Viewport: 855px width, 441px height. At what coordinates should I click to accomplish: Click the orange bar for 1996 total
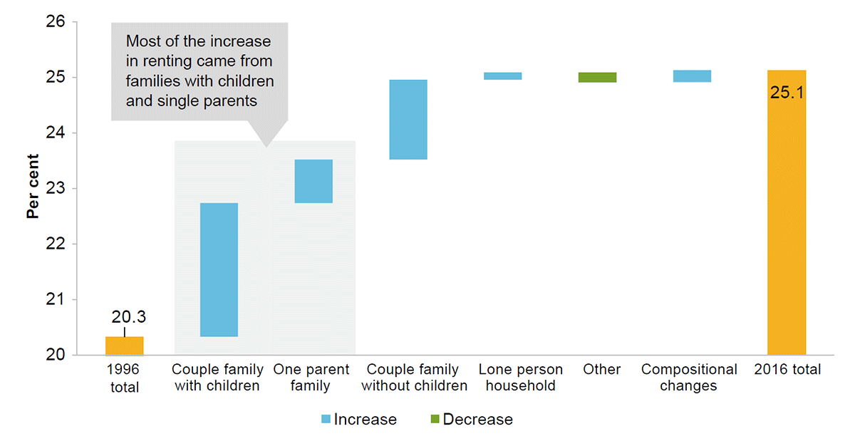point(124,346)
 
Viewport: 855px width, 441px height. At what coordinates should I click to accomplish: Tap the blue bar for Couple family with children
point(219,269)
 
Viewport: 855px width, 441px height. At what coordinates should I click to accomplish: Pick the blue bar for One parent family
point(313,181)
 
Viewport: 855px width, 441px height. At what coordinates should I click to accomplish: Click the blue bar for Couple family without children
point(408,120)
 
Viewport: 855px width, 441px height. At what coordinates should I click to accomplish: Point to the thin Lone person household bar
point(502,76)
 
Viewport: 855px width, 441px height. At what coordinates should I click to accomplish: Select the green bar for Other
point(597,77)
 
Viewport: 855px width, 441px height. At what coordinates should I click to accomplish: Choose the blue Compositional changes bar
point(692,76)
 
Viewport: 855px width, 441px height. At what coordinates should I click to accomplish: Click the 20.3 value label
point(128,317)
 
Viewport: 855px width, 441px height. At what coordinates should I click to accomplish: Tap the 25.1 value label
point(787,92)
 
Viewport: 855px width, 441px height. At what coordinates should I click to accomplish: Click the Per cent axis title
point(33,189)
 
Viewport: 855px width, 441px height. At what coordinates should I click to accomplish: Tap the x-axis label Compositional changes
point(689,378)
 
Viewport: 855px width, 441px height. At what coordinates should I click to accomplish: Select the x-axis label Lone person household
point(520,378)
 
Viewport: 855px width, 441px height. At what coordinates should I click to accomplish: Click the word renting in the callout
point(158,61)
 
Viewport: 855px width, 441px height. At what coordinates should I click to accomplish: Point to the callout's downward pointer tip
point(266,146)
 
